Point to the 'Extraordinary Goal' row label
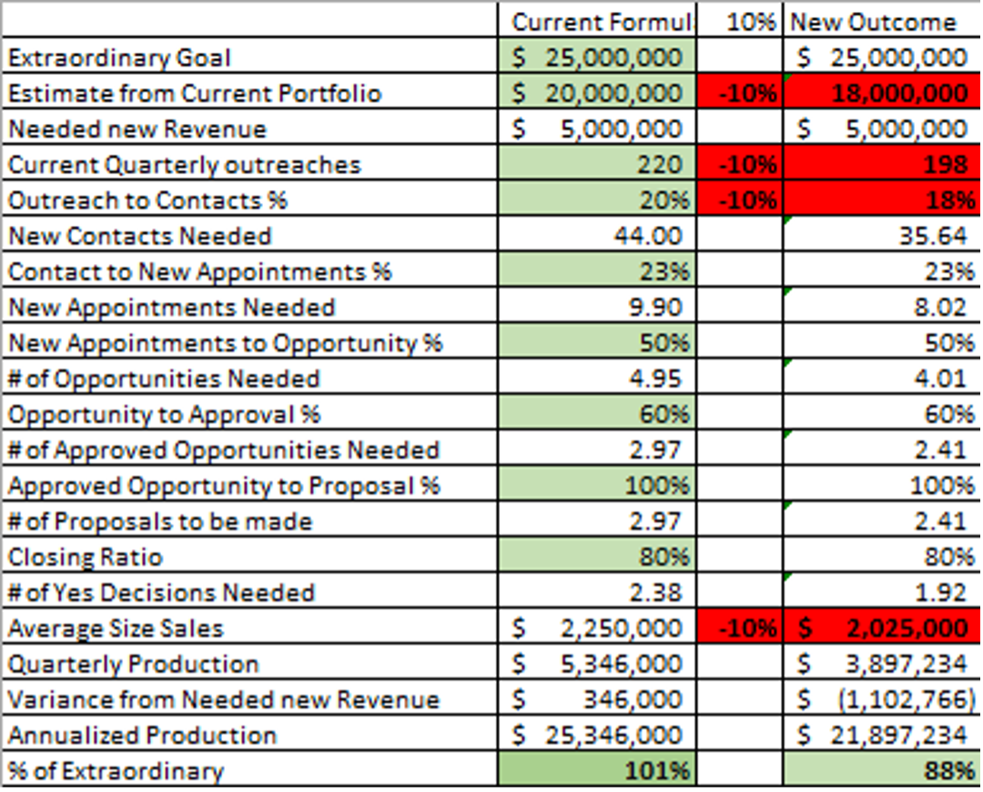click(119, 58)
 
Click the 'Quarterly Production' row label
click(133, 665)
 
